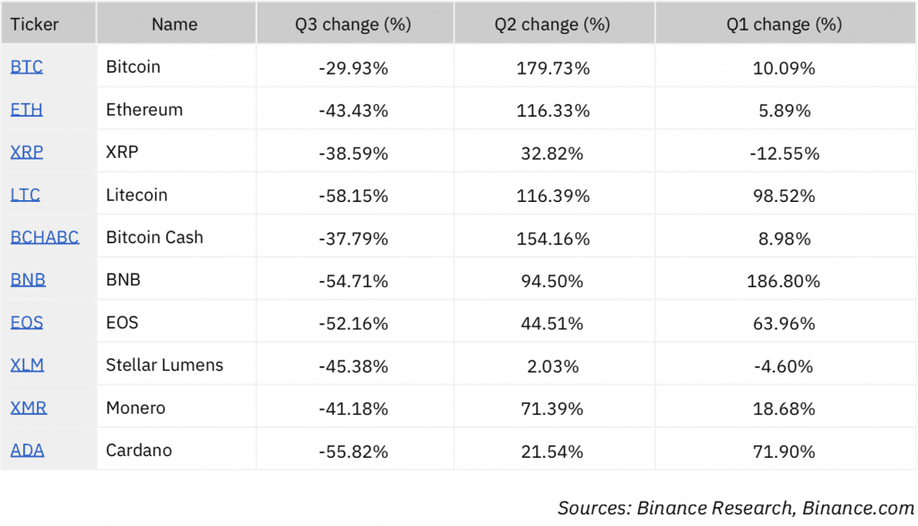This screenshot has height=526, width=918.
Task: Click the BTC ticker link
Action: coord(26,67)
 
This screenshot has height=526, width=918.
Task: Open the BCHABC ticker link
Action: coord(44,238)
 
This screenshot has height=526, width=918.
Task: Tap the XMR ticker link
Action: coord(28,408)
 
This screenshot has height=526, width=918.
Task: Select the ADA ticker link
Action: coord(27,451)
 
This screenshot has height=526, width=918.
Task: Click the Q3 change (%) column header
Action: coord(353,25)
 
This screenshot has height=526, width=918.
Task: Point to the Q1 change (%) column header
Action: coord(784,25)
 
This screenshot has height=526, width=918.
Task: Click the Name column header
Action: coord(174,25)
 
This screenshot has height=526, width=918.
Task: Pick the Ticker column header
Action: coord(34,25)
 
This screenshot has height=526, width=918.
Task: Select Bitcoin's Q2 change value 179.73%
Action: coord(553,67)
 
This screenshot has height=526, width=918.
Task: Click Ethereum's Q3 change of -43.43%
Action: coord(353,110)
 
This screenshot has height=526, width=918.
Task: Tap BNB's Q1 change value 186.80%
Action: coord(784,281)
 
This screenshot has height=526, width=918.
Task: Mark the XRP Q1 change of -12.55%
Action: coord(784,153)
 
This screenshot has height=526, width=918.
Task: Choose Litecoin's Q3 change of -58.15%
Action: coord(353,196)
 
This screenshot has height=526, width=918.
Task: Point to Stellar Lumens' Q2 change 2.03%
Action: coord(553,366)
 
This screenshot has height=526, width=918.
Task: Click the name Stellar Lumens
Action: coord(164,365)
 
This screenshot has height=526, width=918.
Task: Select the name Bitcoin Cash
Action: coord(154,238)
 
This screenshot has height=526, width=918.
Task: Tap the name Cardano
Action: coord(138,451)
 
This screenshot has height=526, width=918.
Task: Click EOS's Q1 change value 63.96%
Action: coord(784,323)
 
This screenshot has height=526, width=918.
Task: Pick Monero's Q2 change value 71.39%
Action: coord(553,408)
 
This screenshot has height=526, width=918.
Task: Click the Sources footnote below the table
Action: coord(735,508)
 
